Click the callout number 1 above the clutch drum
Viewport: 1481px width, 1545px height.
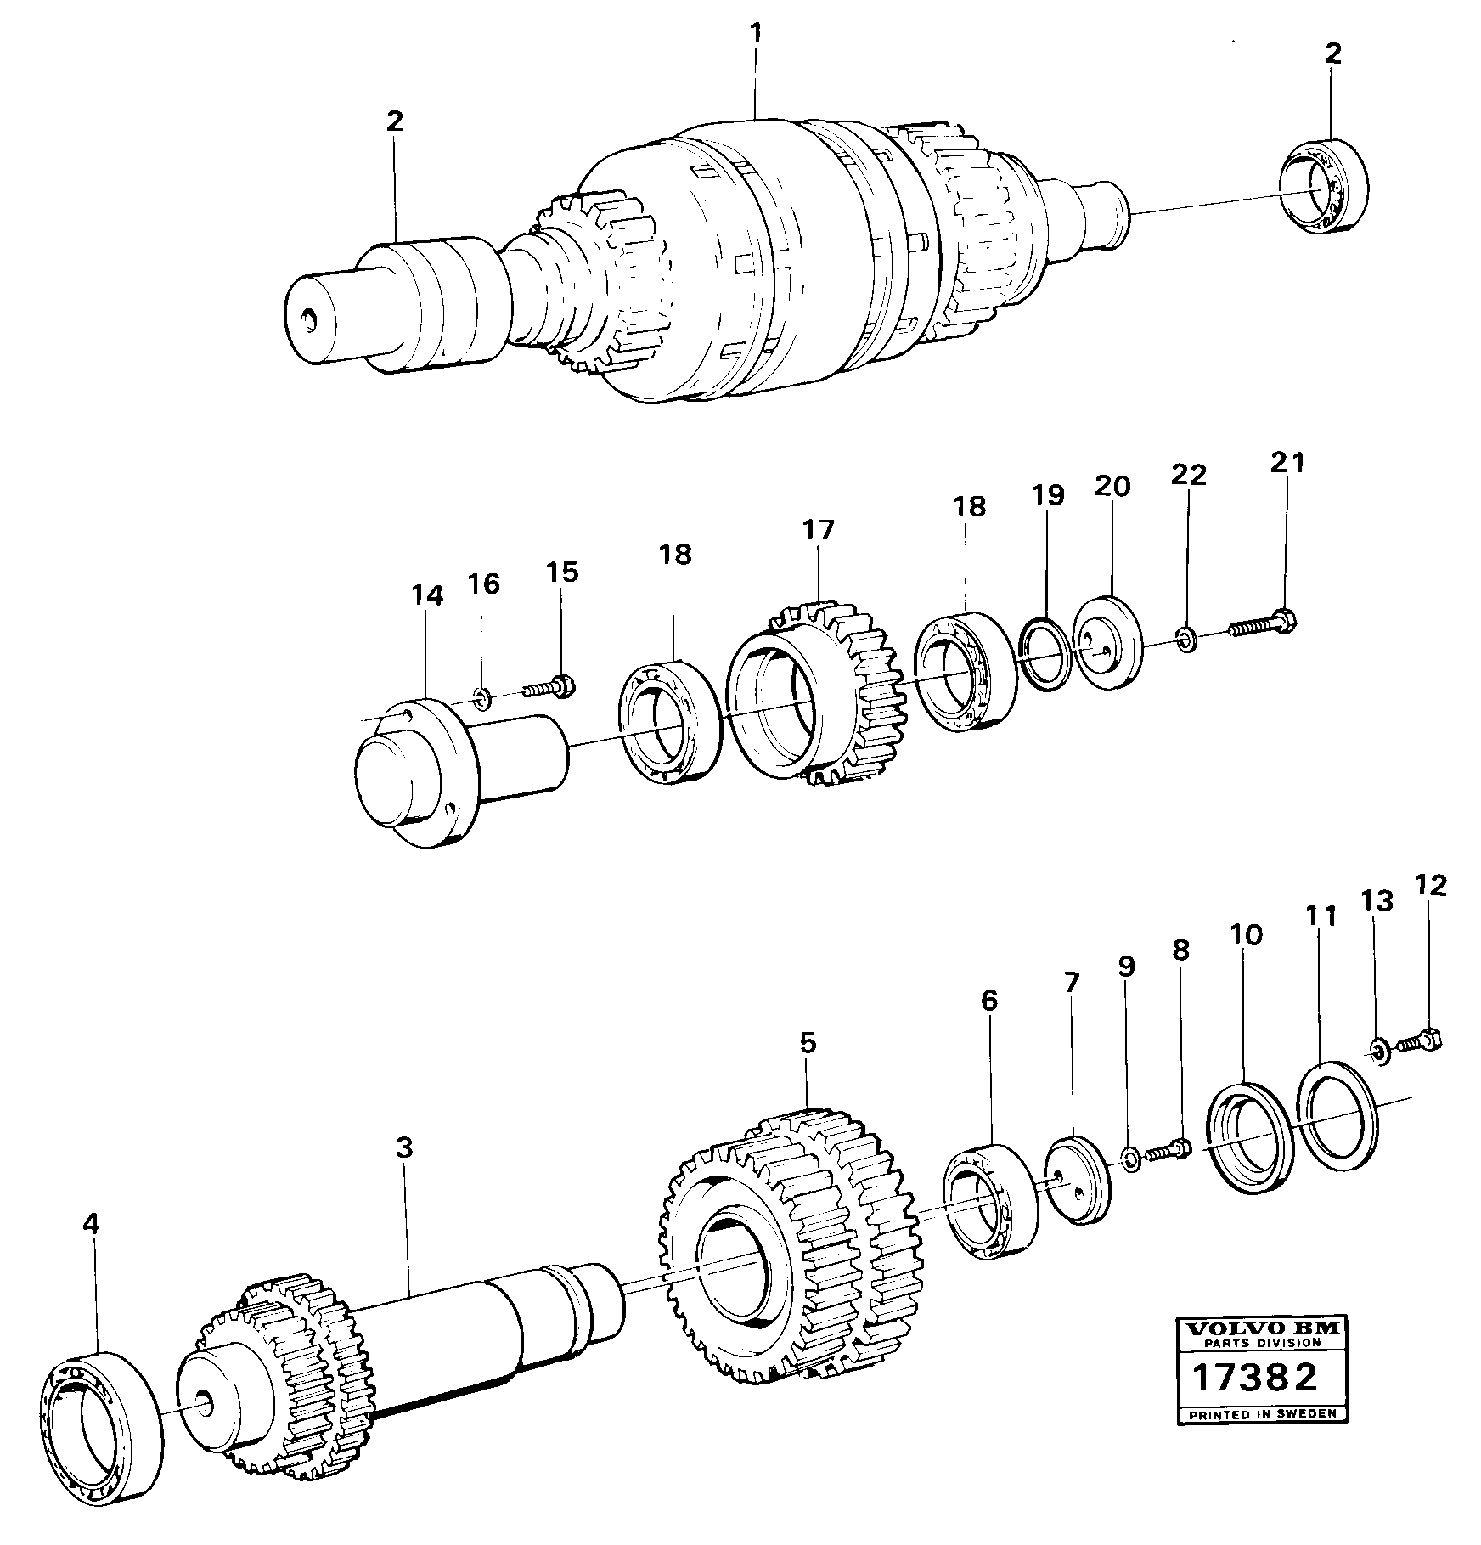point(755,35)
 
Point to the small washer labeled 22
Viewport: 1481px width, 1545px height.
point(1187,638)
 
